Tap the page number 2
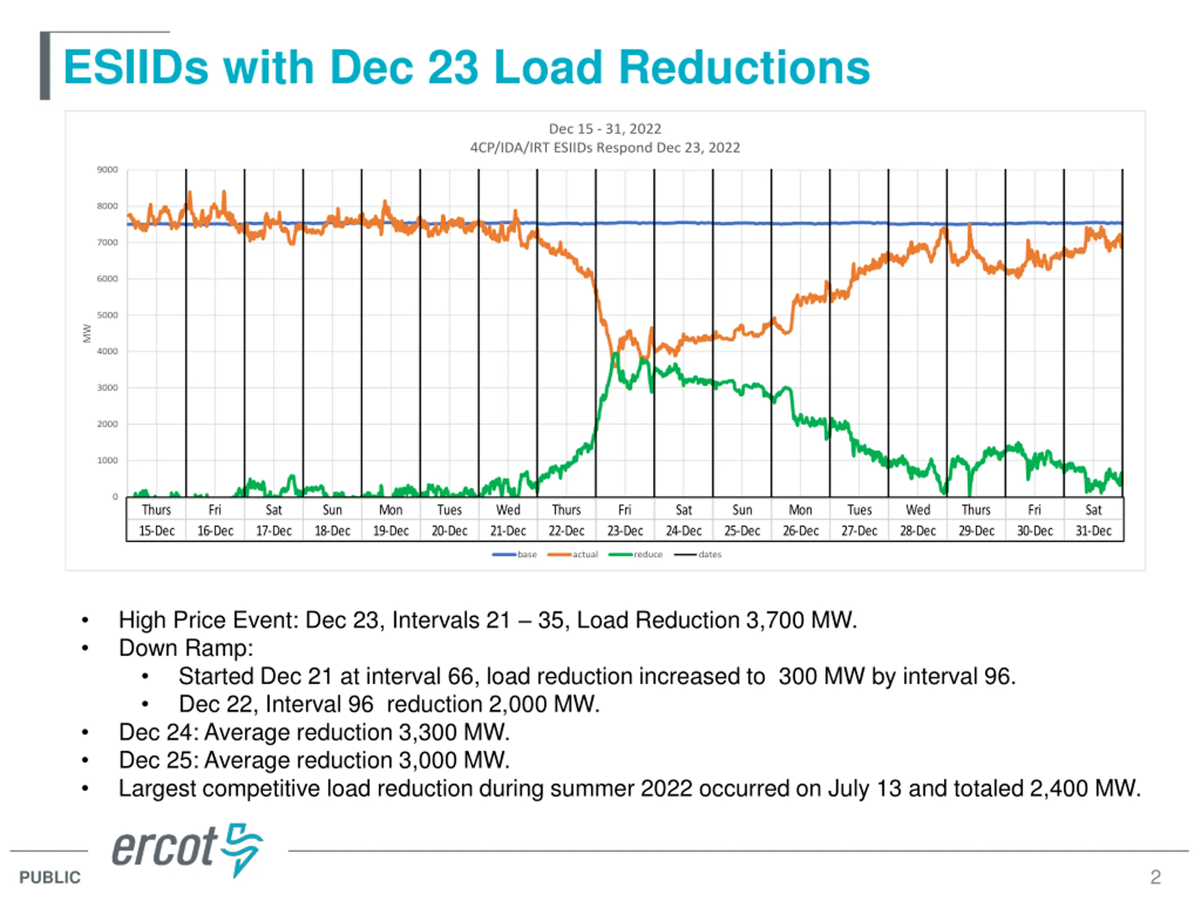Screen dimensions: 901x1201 [x=1155, y=877]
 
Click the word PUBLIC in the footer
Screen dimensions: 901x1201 [x=49, y=878]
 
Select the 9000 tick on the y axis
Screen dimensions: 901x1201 [x=107, y=170]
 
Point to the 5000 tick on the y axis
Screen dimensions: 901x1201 [x=107, y=315]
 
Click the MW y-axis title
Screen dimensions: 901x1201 [x=87, y=333]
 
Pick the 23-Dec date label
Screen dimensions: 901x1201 [x=625, y=531]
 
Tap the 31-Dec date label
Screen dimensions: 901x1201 [x=1094, y=531]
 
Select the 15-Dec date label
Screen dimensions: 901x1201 [x=156, y=531]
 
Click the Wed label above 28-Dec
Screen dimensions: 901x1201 [x=918, y=510]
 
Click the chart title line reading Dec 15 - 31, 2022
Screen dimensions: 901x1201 [x=605, y=129]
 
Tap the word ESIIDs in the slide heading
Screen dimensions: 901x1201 [x=136, y=68]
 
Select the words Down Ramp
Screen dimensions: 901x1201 [x=186, y=648]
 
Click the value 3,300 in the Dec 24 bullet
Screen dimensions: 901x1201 [x=424, y=732]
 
